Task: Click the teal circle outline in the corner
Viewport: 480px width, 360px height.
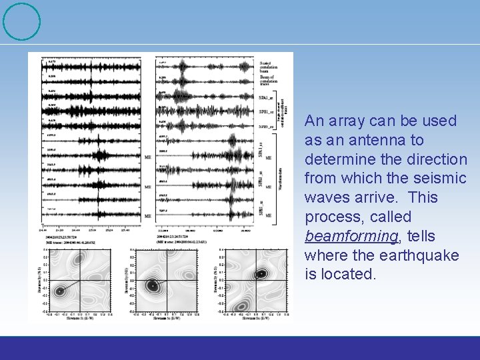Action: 21,21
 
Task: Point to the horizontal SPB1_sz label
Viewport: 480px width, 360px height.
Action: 267,111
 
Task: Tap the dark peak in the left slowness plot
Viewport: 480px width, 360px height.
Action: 60,291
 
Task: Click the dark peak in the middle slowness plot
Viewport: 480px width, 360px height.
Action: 153,285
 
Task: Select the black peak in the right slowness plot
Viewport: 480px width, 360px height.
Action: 261,273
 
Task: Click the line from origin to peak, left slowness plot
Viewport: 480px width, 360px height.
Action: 71,285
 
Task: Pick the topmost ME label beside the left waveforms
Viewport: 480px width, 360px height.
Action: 147,158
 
